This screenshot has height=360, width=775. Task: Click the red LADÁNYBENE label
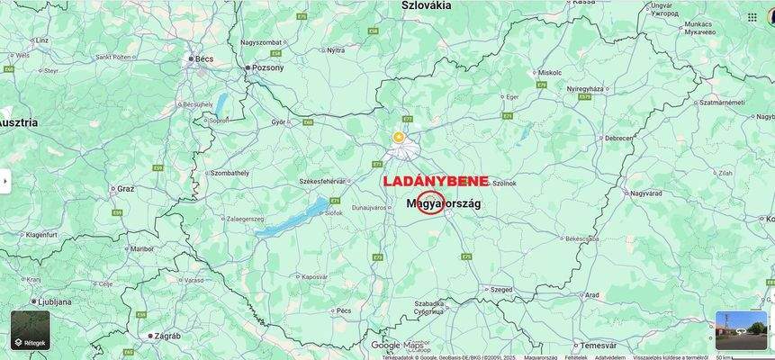[436, 181]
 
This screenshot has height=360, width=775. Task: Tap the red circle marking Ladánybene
[431, 202]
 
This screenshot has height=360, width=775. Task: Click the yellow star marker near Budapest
[399, 137]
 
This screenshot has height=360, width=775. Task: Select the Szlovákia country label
[426, 5]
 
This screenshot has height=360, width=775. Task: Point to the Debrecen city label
[618, 139]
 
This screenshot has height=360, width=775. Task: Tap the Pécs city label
[344, 310]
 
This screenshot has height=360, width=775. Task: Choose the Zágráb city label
[167, 336]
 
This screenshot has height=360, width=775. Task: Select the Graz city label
[125, 189]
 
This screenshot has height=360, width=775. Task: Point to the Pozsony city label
[268, 67]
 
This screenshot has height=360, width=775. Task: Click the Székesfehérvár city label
[322, 182]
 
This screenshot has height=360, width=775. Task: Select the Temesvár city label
[598, 345]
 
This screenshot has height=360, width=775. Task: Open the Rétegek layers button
[31, 330]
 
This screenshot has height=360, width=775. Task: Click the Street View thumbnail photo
[741, 330]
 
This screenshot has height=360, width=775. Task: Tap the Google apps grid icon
[752, 17]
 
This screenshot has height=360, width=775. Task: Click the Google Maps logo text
[397, 345]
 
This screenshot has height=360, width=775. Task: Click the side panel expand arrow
[5, 181]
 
